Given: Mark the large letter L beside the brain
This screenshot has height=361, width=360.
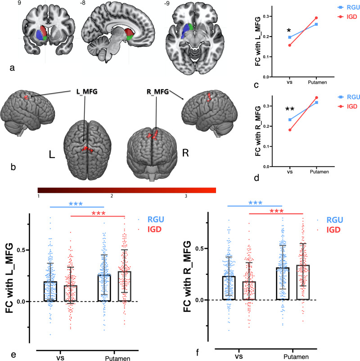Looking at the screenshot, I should coord(51,154).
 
